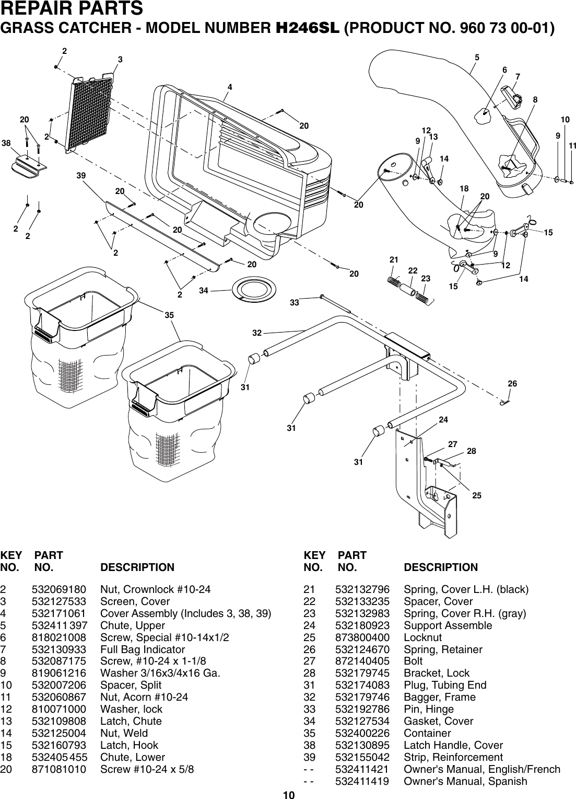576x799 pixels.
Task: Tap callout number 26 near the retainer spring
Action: click(x=512, y=384)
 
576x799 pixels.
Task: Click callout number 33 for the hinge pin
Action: click(x=295, y=303)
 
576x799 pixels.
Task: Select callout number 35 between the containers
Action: click(x=169, y=315)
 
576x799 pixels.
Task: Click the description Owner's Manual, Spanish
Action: click(x=465, y=781)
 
